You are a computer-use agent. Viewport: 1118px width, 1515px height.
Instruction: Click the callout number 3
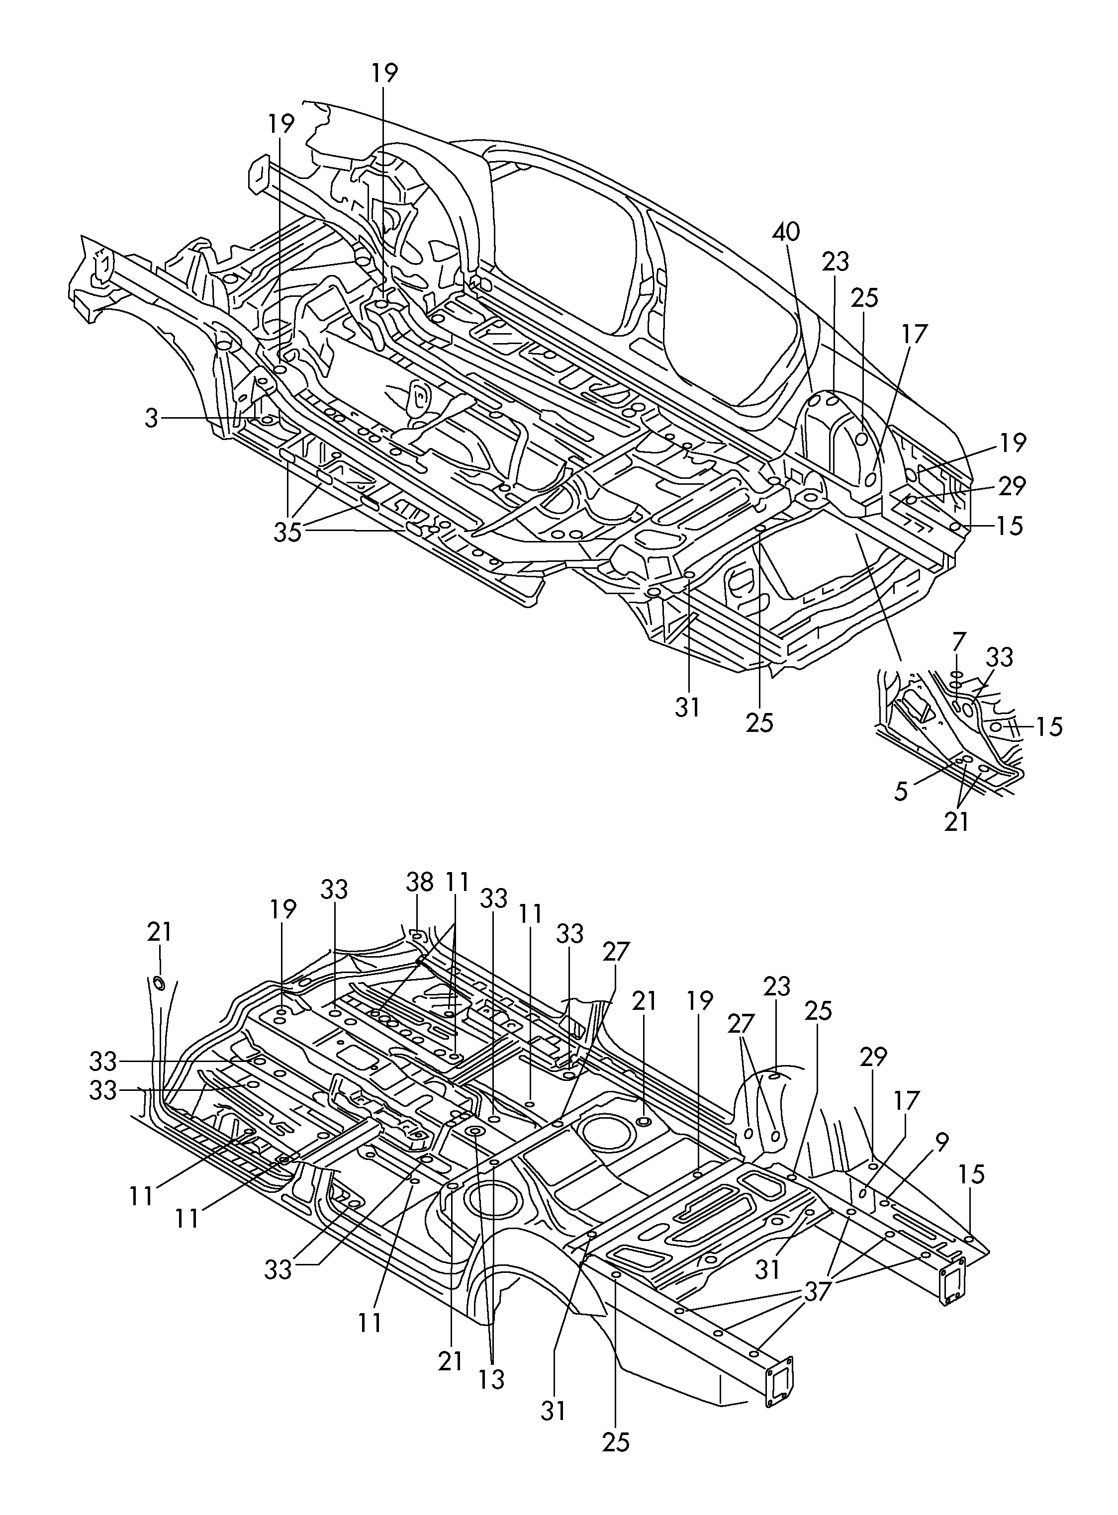(x=152, y=418)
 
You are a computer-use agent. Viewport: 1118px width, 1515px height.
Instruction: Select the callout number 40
(x=786, y=232)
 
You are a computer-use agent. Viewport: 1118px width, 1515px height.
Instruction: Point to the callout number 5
(x=901, y=791)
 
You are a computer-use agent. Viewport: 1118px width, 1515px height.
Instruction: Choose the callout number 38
(x=420, y=881)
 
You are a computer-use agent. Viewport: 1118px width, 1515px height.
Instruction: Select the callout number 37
(x=818, y=1291)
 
